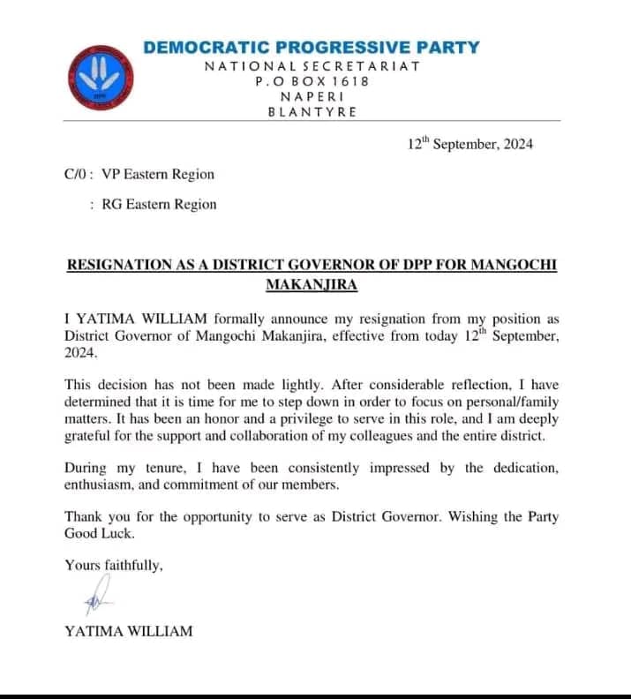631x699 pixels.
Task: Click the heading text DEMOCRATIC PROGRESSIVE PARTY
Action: tap(312, 48)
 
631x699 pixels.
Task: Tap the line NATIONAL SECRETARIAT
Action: tap(312, 66)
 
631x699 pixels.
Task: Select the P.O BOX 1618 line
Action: tap(312, 81)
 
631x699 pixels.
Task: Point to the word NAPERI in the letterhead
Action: tap(312, 96)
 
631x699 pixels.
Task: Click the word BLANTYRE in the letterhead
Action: tap(312, 112)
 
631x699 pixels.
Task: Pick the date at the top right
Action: tap(469, 145)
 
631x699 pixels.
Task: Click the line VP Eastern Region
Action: tap(158, 175)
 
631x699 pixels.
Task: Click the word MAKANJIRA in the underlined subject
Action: tap(311, 285)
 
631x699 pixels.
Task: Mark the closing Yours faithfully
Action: tap(114, 566)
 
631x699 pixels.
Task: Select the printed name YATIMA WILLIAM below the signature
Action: tap(128, 631)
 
